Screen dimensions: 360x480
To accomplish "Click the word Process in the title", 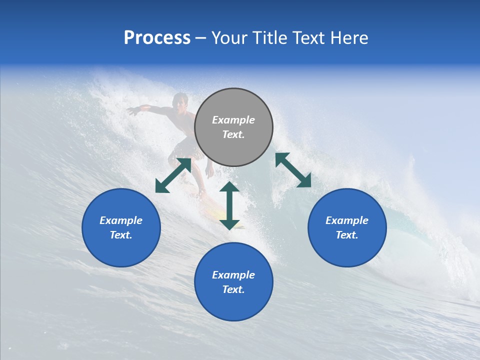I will coord(157,38).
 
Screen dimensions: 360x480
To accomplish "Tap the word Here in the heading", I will coord(348,38).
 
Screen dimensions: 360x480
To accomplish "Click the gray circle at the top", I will coord(233,127).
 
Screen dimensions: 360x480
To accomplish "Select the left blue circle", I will coord(121,227).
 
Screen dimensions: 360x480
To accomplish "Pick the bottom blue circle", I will coord(233,281).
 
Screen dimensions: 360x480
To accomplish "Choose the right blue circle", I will coord(347,227).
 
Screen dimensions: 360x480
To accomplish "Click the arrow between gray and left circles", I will coord(173,175).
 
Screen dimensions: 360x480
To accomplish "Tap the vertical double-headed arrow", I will coord(229,205).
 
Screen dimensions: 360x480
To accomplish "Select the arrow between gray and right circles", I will coord(293,170).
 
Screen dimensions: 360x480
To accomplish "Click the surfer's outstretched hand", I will coord(131,111).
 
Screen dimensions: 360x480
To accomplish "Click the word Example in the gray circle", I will coord(233,120).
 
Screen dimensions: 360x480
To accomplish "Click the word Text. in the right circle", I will coord(347,235).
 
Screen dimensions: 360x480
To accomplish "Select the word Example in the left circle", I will coord(121,220).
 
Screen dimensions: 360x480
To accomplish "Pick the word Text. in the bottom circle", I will coord(233,289).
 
